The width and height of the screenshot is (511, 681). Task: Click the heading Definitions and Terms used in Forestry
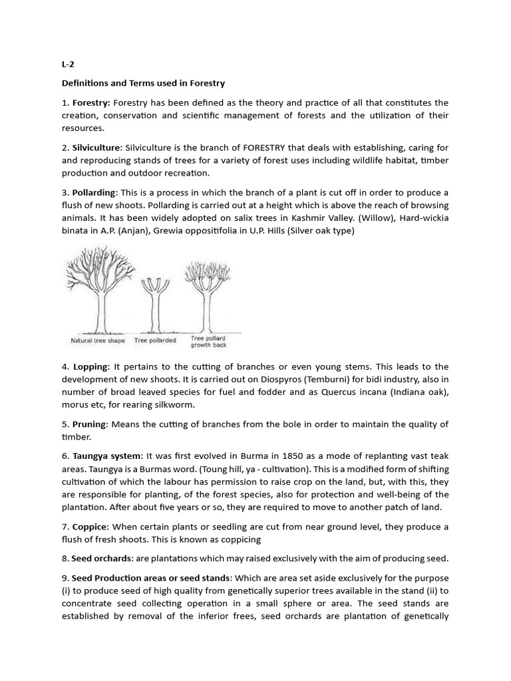pyautogui.click(x=143, y=83)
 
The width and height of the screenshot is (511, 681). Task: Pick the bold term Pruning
pyautogui.click(x=89, y=424)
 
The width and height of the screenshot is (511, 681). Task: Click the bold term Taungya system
pyautogui.click(x=107, y=456)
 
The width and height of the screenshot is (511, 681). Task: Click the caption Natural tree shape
pyautogui.click(x=98, y=340)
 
